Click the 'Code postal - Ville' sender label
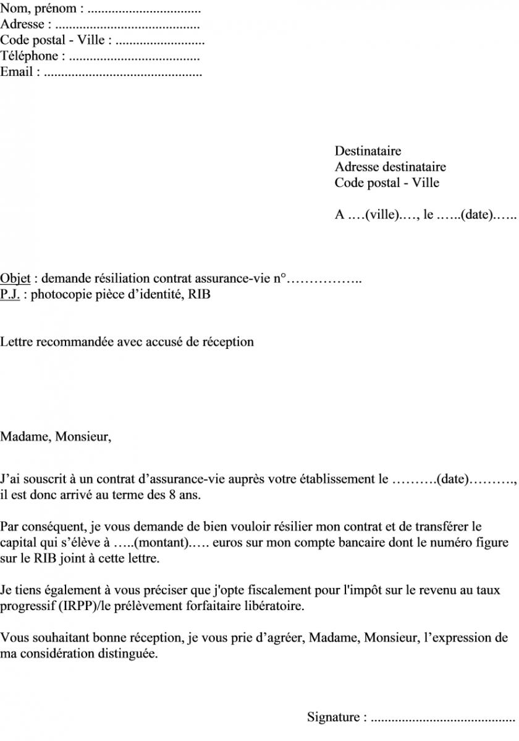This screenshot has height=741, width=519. (53, 40)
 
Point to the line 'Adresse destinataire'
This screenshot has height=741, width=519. (390, 167)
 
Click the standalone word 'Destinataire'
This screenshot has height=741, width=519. (368, 151)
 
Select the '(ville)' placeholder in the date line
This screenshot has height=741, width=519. (381, 216)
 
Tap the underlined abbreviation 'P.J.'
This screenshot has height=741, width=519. (9, 295)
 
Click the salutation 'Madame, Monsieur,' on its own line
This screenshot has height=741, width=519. (56, 437)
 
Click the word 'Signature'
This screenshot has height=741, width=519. (333, 718)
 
